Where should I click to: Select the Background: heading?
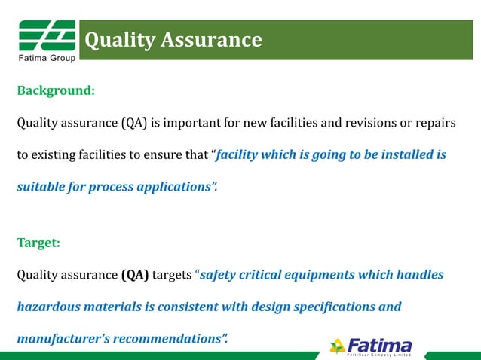coord(56,90)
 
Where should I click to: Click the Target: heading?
coord(38,243)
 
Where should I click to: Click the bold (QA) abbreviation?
coord(135,275)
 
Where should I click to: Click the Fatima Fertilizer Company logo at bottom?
coord(371,346)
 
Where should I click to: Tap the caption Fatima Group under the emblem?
coord(46,59)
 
